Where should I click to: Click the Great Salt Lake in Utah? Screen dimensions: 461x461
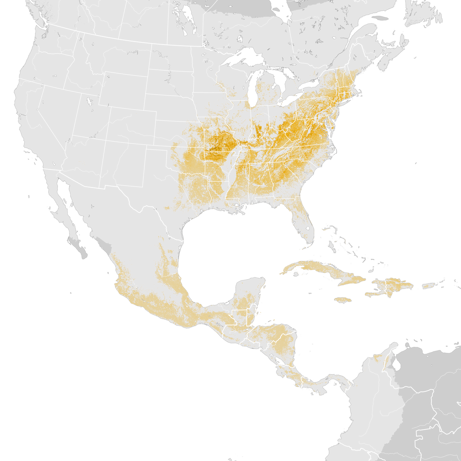(x=90, y=102)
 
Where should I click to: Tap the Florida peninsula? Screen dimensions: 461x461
(x=303, y=223)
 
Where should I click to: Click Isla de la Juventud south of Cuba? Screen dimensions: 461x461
(x=296, y=274)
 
